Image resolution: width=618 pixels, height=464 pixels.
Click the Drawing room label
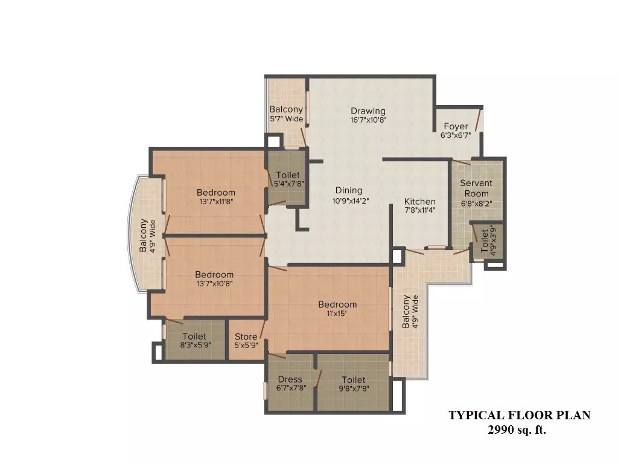tap(368, 111)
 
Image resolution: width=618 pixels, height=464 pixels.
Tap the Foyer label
tap(456, 126)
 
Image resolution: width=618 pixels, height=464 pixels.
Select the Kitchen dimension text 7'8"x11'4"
tap(420, 210)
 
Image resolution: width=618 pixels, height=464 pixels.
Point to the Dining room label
tap(349, 191)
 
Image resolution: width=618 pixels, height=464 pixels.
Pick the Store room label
tap(246, 337)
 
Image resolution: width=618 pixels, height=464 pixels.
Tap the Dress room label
tap(290, 379)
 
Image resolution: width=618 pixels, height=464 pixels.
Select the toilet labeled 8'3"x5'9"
tap(194, 341)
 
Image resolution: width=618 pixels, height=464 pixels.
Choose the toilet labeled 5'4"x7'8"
tap(287, 179)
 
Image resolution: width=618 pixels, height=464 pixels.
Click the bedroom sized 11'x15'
tap(337, 309)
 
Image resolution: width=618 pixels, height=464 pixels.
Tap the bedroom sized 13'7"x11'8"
tap(215, 197)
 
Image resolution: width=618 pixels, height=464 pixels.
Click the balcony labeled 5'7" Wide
tap(286, 114)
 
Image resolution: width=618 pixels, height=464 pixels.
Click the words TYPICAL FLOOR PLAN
tap(519, 415)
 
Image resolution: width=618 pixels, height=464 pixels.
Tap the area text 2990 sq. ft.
tap(519, 430)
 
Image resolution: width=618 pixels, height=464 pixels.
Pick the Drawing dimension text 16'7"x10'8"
tap(368, 120)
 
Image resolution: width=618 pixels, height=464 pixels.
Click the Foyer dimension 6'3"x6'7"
tap(456, 135)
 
